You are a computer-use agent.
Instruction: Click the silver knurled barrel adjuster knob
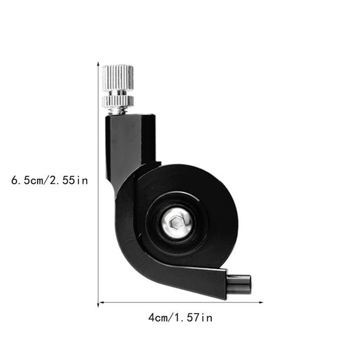click(118, 78)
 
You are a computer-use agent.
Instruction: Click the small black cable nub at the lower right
click(239, 285)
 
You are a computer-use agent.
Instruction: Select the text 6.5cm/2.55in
click(49, 181)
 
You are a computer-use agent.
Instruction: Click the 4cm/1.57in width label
click(180, 318)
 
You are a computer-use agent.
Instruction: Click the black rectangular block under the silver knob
click(131, 141)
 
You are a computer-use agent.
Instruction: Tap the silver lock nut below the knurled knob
click(118, 101)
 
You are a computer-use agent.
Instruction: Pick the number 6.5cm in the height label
click(28, 181)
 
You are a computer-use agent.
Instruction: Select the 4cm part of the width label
click(158, 318)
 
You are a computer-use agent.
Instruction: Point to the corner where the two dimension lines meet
click(98, 302)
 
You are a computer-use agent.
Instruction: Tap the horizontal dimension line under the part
click(176, 302)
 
